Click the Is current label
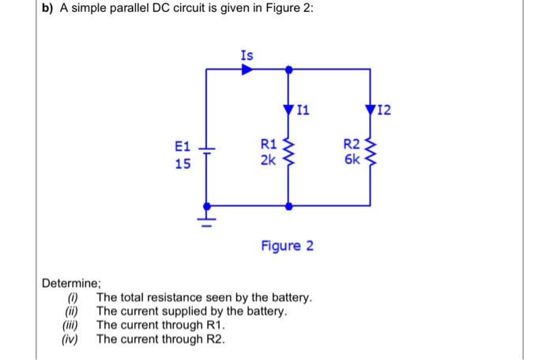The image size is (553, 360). pos(247,55)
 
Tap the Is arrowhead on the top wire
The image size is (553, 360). pos(247,69)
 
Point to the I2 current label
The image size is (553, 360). pos(385,110)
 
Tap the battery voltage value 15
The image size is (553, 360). pos(182,164)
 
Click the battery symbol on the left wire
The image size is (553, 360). pos(207,152)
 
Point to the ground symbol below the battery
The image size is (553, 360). pos(207,214)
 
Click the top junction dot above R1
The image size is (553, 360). pos(288,69)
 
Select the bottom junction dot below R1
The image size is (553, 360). pos(288,205)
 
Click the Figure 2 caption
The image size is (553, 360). pos(288,246)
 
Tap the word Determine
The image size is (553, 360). pos(72,283)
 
